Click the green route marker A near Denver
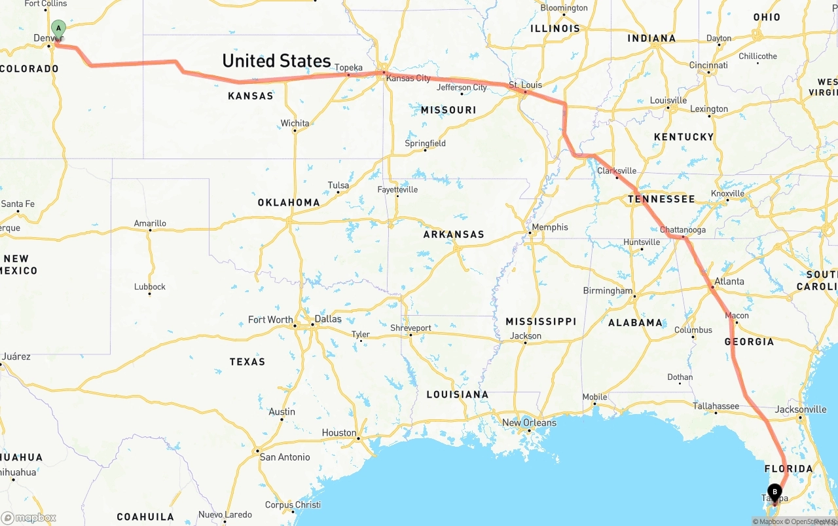point(58,28)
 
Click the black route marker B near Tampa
point(774,491)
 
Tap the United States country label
point(276,61)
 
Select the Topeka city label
point(348,67)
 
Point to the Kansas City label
point(408,79)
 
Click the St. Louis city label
point(525,85)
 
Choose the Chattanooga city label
point(682,230)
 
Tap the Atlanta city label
point(729,282)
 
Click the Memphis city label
point(549,227)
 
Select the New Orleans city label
point(529,423)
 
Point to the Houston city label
point(338,433)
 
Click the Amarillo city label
point(150,223)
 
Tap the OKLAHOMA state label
point(289,202)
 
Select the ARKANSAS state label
point(454,235)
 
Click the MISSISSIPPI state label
point(541,322)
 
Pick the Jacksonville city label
point(801,409)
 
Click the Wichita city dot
point(295,130)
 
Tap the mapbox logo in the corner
point(29,517)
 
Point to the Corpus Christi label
point(293,505)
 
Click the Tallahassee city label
point(716,406)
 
